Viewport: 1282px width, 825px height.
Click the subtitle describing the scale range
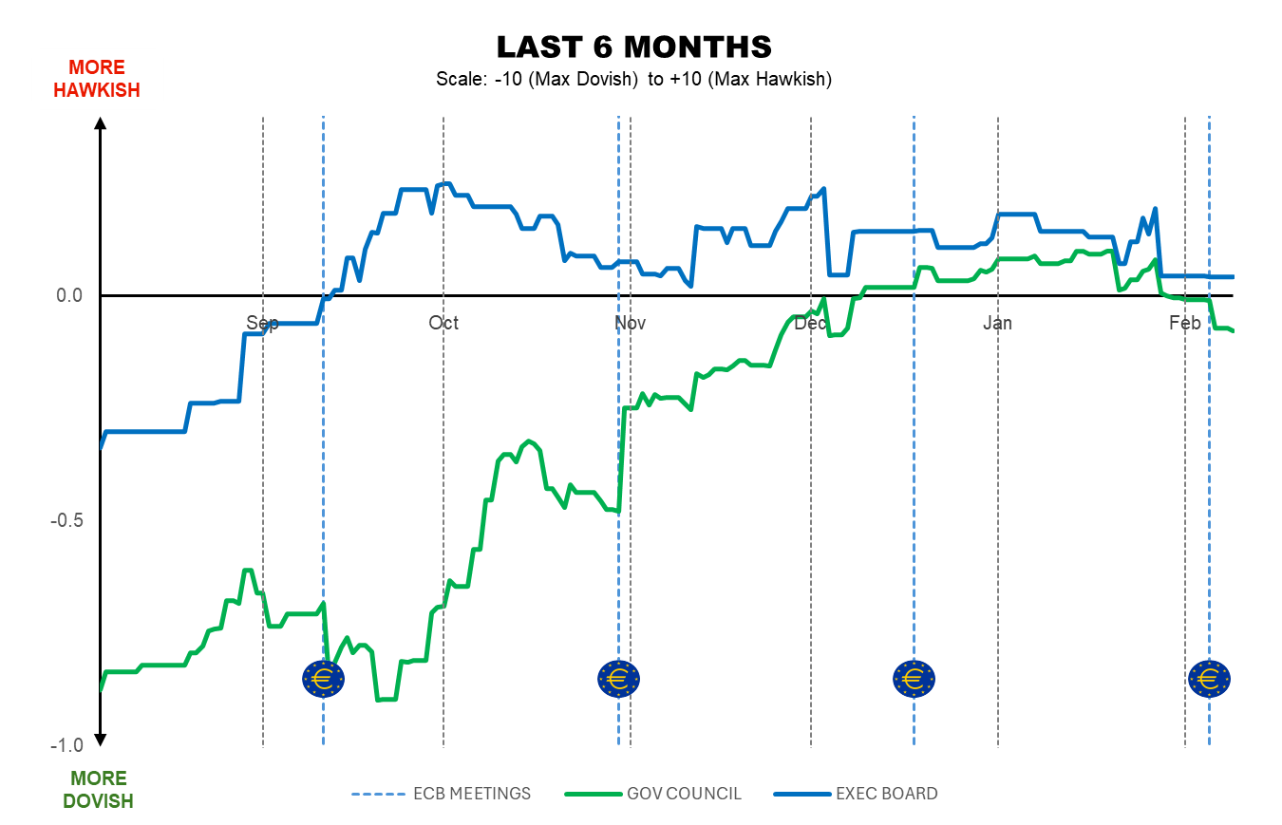[x=633, y=79]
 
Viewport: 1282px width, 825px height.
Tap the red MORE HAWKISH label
[x=97, y=79]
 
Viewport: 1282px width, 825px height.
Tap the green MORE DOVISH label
[x=98, y=790]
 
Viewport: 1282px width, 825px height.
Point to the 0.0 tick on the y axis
[x=70, y=295]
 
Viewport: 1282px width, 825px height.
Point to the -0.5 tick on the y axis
[x=66, y=520]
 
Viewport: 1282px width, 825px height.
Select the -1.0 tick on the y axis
[x=66, y=744]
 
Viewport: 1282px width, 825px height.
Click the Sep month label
[x=263, y=323]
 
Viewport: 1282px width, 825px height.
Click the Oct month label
[x=443, y=323]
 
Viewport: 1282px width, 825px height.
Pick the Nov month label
[x=630, y=323]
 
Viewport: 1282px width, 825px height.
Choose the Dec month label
[x=811, y=323]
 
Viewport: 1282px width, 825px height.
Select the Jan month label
[x=998, y=323]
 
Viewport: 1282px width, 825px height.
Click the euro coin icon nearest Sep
[x=324, y=679]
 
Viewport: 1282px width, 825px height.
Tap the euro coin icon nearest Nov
[x=619, y=679]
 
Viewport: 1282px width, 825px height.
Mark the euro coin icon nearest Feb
[x=1209, y=679]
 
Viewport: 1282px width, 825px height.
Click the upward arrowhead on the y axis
[x=101, y=122]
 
